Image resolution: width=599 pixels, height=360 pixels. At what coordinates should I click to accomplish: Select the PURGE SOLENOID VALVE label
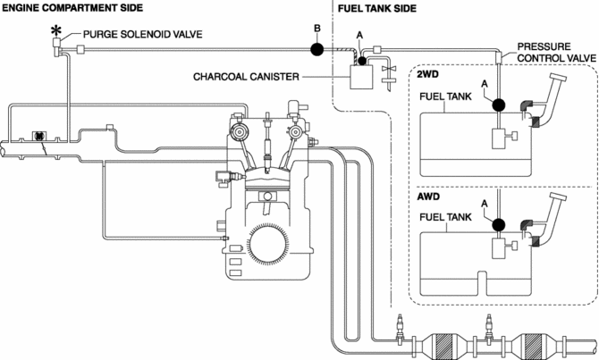(x=141, y=35)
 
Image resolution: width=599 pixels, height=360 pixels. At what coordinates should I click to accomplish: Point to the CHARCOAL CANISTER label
(x=245, y=77)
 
